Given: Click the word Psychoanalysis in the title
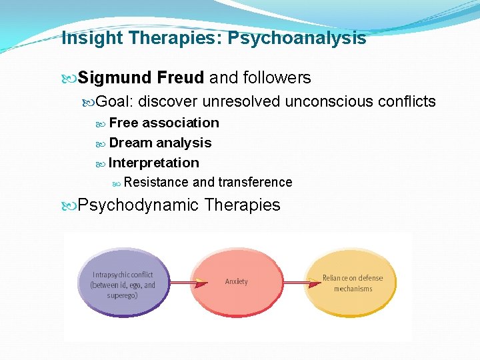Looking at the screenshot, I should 297,39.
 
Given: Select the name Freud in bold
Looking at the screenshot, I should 181,78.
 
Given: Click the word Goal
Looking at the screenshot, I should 115,101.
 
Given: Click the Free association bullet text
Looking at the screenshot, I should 164,123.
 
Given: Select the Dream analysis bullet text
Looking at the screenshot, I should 160,143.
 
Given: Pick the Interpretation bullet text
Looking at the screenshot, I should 154,163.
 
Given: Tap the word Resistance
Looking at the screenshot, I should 156,182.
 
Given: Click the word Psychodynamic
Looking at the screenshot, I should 139,205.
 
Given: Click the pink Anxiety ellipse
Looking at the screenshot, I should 237,282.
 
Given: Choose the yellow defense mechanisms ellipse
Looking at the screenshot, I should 353,283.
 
